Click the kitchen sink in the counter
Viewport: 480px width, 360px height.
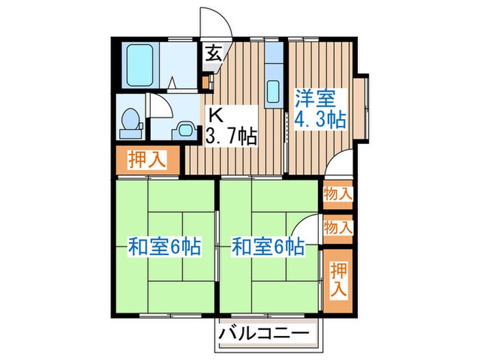[272, 91]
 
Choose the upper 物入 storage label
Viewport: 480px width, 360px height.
[337, 194]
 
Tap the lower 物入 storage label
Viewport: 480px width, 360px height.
[337, 227]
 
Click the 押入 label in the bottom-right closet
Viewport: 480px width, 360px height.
[337, 279]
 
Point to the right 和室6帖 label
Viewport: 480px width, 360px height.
[267, 246]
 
